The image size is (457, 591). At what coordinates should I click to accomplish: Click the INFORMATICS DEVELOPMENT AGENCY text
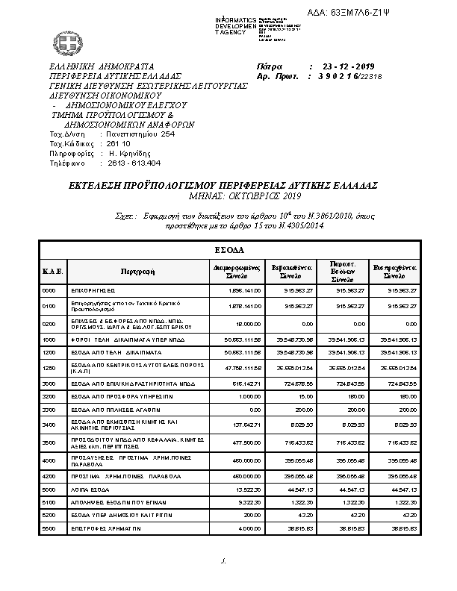[235, 25]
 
